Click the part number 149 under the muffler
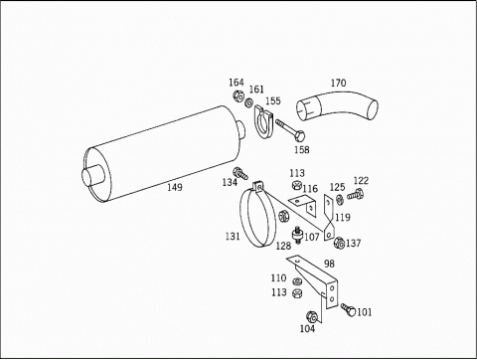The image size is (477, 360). pos(175,187)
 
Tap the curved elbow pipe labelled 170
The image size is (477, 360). pos(337,105)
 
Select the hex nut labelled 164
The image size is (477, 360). pos(238,95)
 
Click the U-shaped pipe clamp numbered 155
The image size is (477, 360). pos(263,122)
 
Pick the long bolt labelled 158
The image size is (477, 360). pos(290,129)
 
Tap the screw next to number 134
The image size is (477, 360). pos(240,174)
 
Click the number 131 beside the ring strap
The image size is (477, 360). pos(233,237)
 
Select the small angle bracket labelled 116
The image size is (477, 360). pos(302,206)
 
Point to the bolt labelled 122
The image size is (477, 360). pos(355,195)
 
